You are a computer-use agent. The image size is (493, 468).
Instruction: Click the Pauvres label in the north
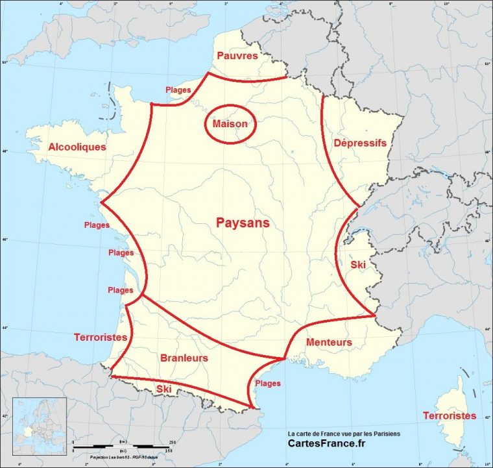(237, 56)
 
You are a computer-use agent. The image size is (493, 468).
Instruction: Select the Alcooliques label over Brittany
(77, 147)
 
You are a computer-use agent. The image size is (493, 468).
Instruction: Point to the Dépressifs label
(360, 143)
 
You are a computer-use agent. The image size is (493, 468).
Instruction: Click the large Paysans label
(242, 223)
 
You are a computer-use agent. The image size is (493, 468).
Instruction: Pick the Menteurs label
(329, 342)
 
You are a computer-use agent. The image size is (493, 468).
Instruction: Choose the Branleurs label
(184, 358)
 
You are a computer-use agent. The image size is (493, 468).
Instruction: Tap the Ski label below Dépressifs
(358, 265)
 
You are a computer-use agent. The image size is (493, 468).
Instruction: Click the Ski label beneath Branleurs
(164, 389)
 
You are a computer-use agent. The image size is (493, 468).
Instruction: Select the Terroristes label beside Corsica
(449, 415)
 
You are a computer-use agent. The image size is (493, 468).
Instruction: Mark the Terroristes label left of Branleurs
(100, 337)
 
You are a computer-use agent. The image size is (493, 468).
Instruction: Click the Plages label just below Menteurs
(268, 383)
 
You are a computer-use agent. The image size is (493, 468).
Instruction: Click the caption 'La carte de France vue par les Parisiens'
(344, 433)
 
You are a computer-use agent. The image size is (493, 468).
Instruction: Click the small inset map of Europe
(40, 423)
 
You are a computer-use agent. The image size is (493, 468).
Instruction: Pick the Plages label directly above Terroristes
(121, 290)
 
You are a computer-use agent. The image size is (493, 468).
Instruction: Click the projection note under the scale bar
(120, 457)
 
